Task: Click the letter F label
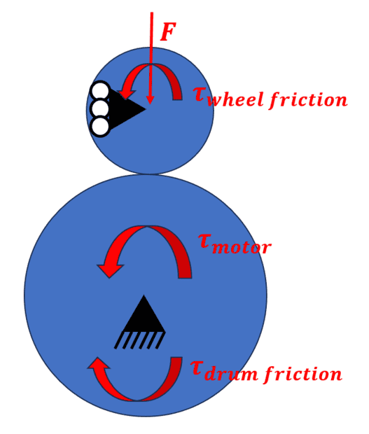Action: point(168,31)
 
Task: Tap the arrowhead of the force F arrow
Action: point(150,100)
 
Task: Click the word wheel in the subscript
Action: point(235,99)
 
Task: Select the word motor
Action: point(242,247)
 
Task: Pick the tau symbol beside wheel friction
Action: point(200,94)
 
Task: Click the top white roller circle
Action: point(100,90)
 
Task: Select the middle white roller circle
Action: point(100,108)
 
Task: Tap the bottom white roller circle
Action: point(100,127)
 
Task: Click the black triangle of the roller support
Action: point(126,108)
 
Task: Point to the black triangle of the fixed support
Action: point(144,314)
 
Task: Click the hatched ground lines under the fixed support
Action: point(140,340)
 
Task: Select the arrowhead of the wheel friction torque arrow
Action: point(126,94)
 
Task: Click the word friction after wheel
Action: point(308,99)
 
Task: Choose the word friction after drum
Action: point(303,374)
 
